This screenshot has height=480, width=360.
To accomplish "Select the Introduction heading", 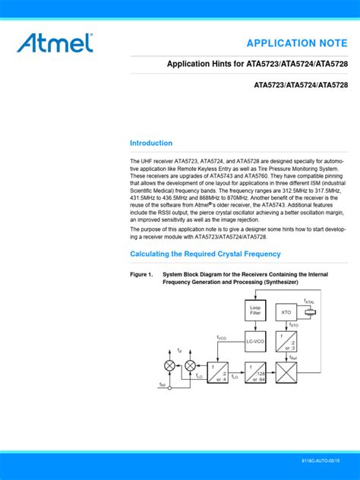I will [151, 143].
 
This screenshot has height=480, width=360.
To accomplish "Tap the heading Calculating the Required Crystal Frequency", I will [205, 254].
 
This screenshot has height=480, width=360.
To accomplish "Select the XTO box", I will [286, 312].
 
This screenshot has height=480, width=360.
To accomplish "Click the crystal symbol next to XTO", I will [309, 312].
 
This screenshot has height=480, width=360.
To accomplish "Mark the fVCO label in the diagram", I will [222, 337].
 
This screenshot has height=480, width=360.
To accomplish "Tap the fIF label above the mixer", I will [180, 351].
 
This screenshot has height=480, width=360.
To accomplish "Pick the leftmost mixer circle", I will [169, 365].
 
